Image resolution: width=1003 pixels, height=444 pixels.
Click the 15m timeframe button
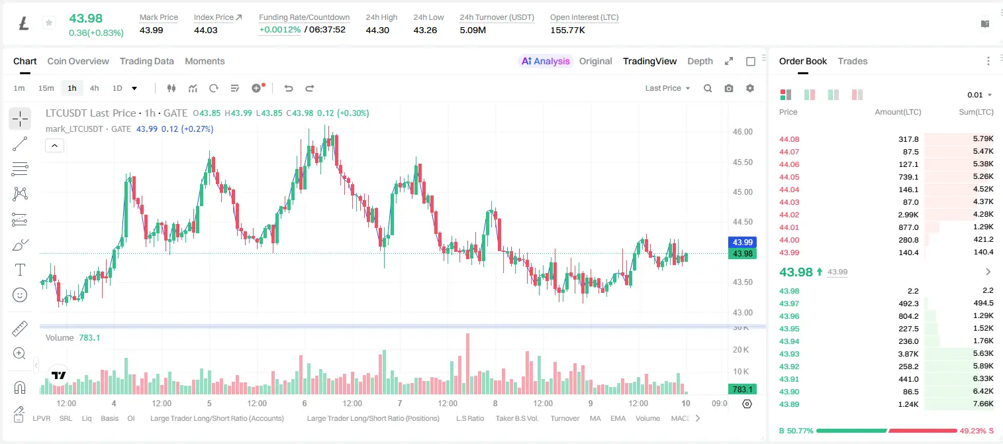[x=46, y=88]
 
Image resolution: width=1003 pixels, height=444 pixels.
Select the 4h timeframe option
[x=94, y=88]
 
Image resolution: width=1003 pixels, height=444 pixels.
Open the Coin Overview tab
[x=78, y=61]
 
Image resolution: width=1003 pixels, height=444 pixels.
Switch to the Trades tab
[x=853, y=61]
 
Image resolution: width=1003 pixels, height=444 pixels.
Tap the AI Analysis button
[x=546, y=61]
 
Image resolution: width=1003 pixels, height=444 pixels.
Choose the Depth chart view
[x=700, y=61]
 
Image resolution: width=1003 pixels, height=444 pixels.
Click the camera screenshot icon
[x=729, y=88]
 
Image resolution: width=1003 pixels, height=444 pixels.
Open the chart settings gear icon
[x=750, y=88]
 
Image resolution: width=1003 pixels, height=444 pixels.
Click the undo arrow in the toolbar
[x=289, y=88]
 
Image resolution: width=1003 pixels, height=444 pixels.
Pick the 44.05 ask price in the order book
[x=789, y=177]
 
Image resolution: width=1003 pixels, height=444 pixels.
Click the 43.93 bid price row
[x=789, y=354]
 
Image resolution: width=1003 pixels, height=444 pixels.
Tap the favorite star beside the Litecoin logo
[x=49, y=23]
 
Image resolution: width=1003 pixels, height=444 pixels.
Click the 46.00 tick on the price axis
[x=742, y=132]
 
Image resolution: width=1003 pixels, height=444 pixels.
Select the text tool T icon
[x=20, y=270]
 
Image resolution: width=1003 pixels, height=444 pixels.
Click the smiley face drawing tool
[x=20, y=295]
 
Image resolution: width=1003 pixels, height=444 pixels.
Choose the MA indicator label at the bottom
[x=595, y=418]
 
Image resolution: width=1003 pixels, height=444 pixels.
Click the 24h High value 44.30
[x=377, y=30]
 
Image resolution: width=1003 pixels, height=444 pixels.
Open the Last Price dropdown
[x=667, y=88]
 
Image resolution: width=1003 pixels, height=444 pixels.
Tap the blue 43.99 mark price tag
[x=742, y=242]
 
